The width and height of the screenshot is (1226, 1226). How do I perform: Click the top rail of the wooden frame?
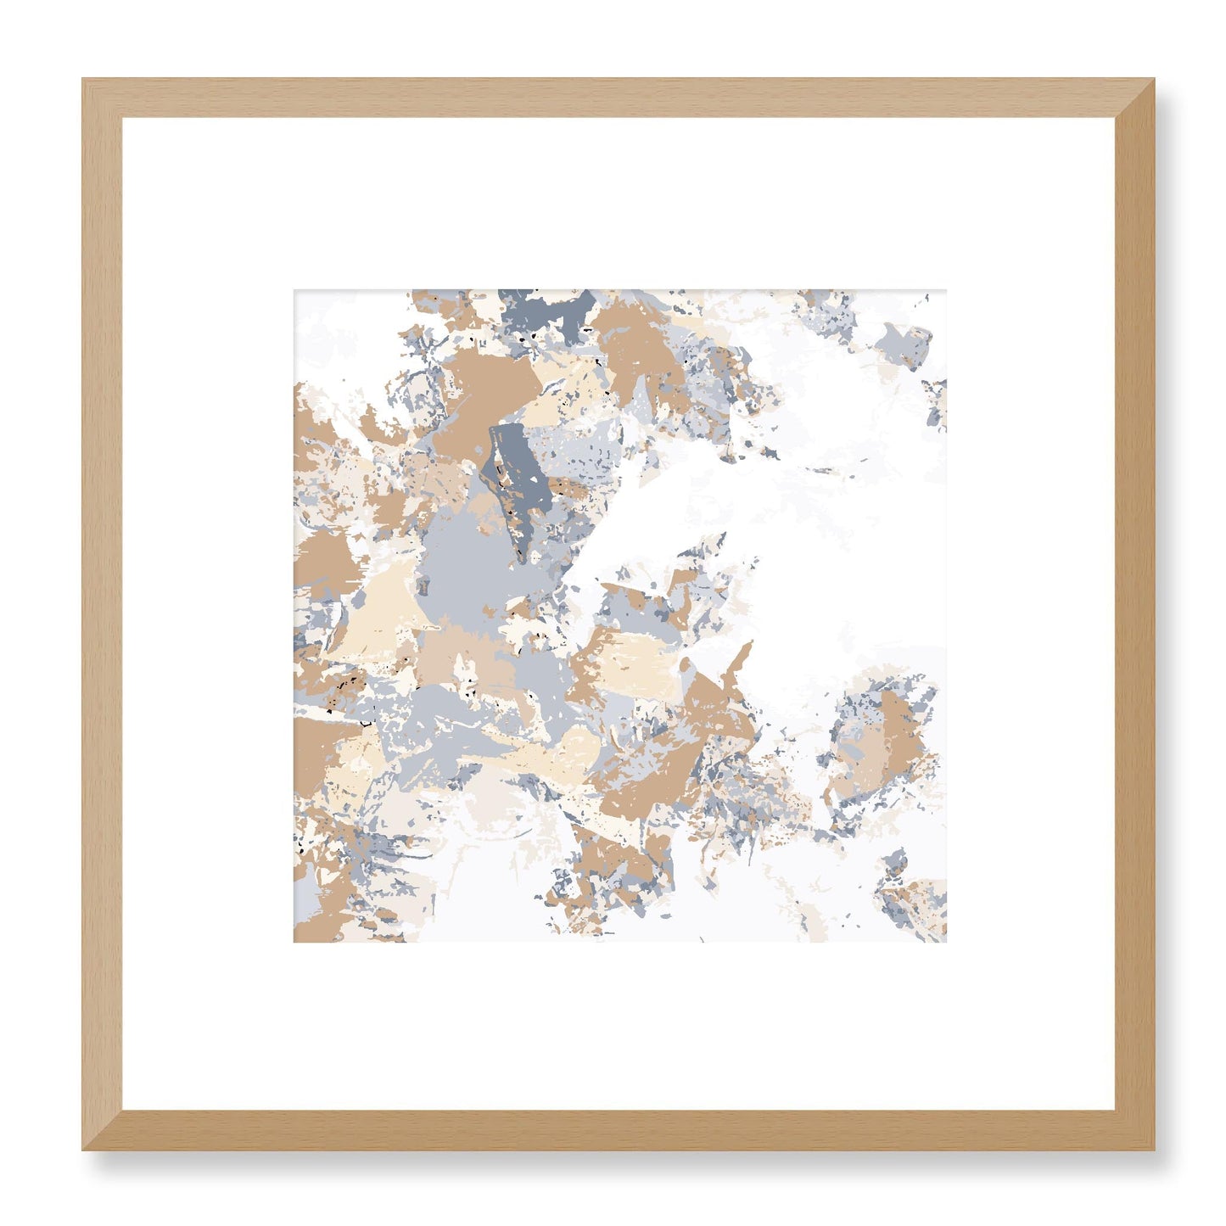[618, 98]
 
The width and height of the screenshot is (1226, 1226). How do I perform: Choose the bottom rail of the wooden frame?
[618, 1130]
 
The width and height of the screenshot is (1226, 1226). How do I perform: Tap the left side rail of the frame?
[102, 614]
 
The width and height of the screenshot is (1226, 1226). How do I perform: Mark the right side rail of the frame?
[1134, 614]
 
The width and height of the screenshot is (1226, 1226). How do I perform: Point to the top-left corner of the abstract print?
[295, 291]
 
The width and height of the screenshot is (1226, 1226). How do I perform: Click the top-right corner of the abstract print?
[945, 291]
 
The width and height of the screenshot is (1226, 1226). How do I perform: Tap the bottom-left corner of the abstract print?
[295, 941]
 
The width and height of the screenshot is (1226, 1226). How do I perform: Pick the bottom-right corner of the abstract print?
[945, 941]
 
